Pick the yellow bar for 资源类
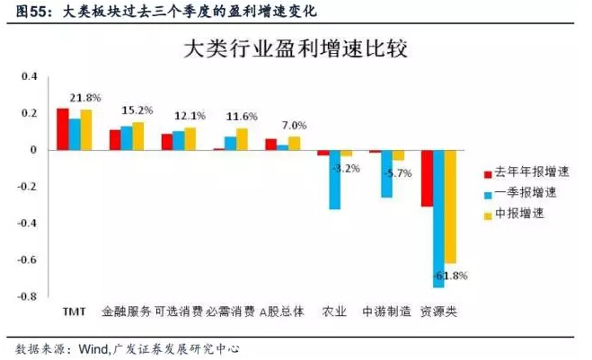coord(450,206)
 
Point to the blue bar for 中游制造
coord(386,173)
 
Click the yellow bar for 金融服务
coord(138,136)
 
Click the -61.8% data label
coord(450,275)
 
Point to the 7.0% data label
coord(294,125)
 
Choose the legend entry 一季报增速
coord(521,192)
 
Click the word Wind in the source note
coord(98,347)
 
